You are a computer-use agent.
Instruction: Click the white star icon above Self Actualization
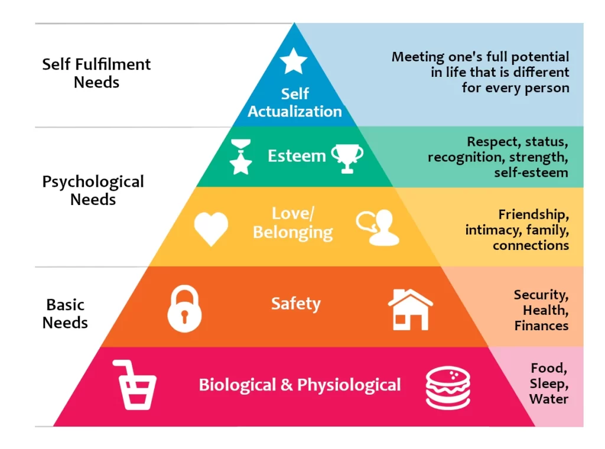coord(294,61)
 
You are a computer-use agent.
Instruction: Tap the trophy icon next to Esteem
coord(347,157)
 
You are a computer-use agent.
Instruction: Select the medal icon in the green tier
coord(240,157)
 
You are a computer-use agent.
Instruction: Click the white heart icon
coord(211,229)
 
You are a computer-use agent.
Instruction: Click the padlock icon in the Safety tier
coord(184,308)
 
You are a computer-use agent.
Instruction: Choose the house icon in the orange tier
coord(410,309)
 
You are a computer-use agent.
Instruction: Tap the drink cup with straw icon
coord(134,385)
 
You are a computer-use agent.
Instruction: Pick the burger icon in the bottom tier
coord(448,388)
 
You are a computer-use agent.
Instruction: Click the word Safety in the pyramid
coord(295,304)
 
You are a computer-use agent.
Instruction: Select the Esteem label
coord(297,156)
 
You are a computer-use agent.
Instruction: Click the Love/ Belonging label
coord(293,223)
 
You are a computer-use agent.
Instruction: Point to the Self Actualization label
coord(295,103)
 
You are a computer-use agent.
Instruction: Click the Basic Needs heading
coord(66,314)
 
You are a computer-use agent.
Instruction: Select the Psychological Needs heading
coord(93,190)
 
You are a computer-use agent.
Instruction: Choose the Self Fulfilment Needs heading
coord(96,73)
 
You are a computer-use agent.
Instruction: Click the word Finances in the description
coord(541,326)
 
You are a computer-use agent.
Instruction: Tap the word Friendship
coord(534,214)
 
